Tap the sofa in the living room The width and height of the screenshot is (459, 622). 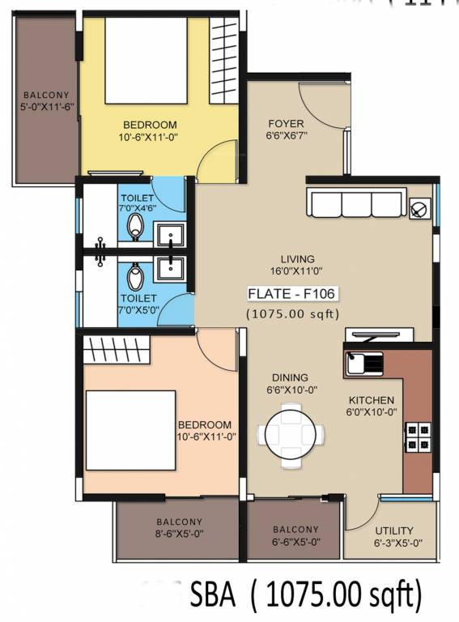(x=355, y=206)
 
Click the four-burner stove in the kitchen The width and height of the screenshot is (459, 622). (x=419, y=436)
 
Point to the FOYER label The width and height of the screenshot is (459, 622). (x=286, y=125)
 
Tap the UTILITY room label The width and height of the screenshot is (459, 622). (x=394, y=530)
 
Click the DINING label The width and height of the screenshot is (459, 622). (x=290, y=377)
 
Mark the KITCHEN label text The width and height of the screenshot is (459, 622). (x=371, y=400)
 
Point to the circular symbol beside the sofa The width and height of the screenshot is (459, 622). (x=419, y=208)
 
